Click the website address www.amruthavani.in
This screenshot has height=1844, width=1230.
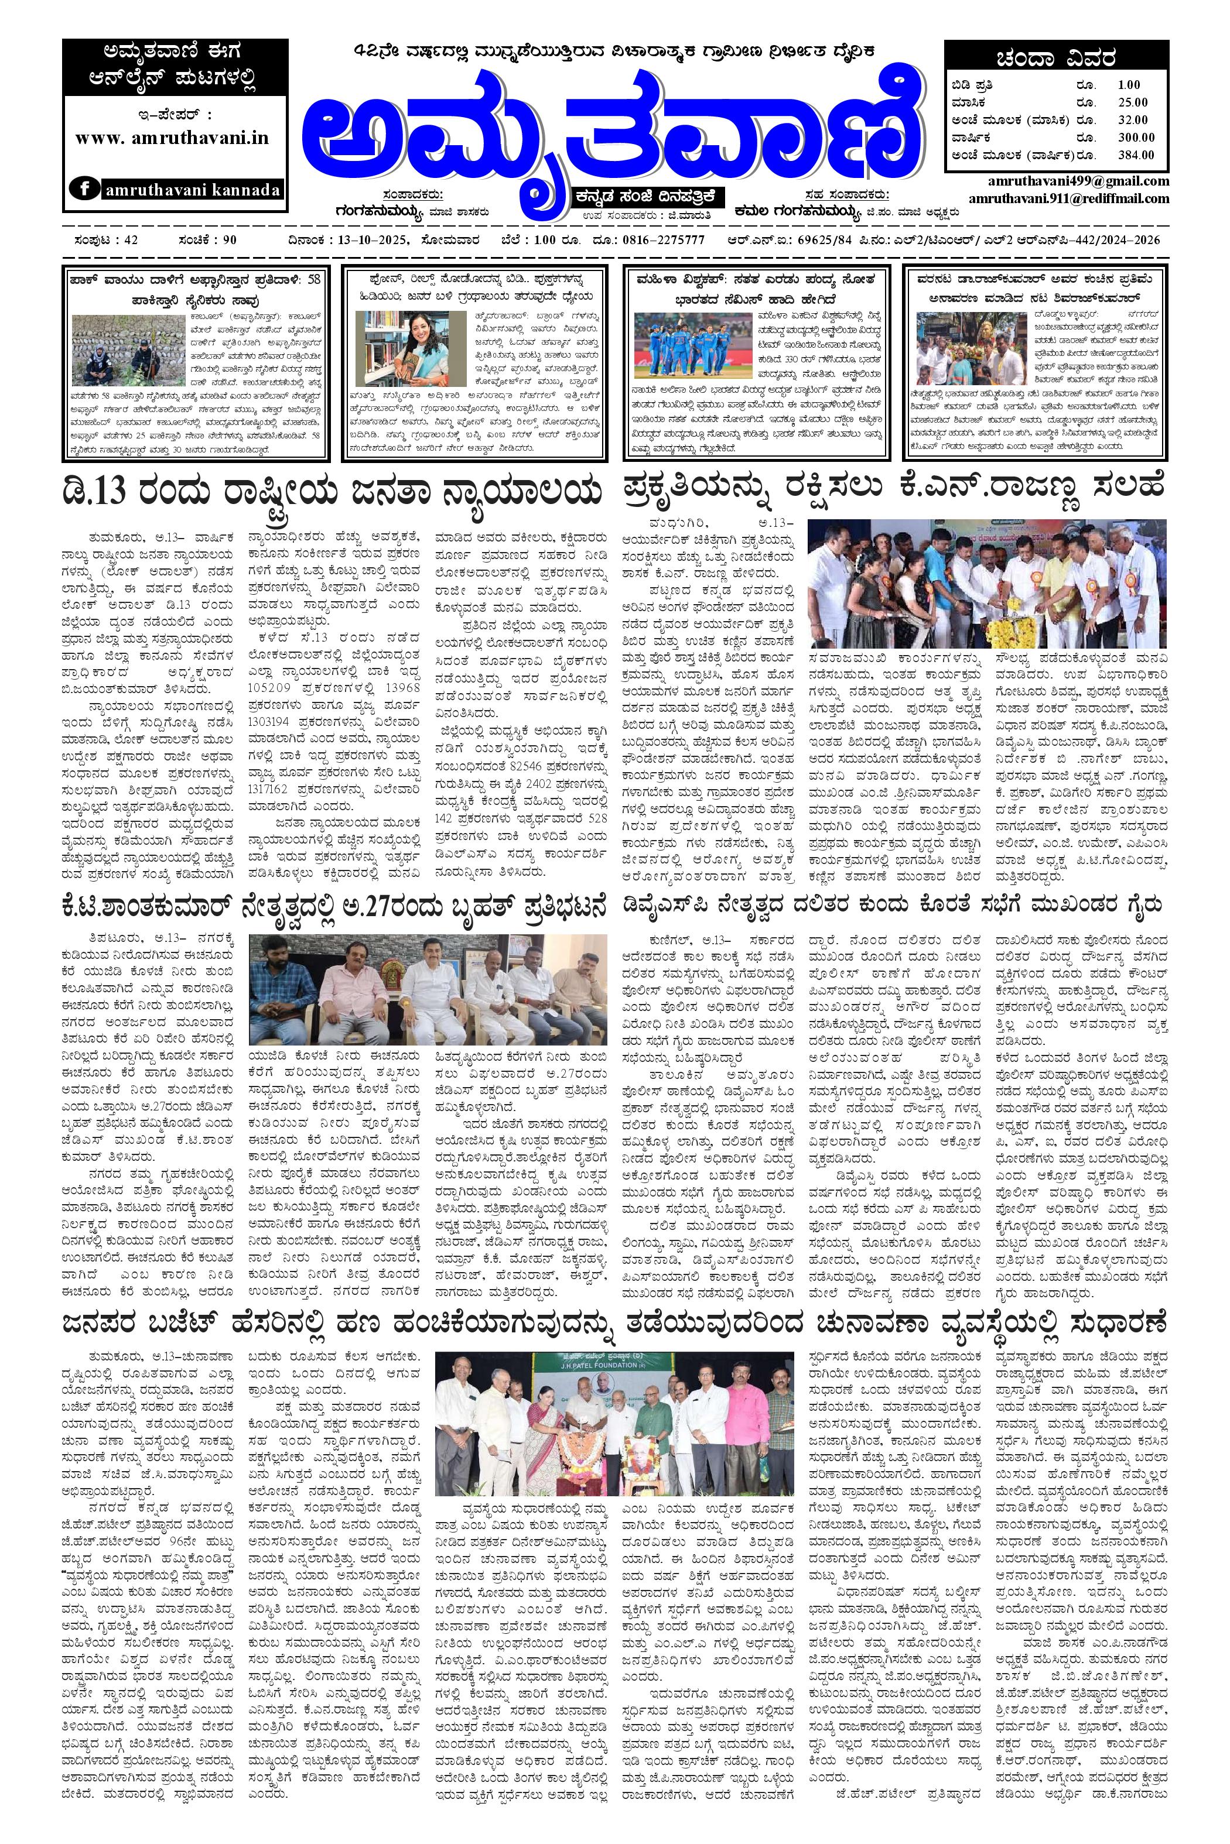(x=172, y=137)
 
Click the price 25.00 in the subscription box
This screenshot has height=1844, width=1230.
(x=1133, y=102)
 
